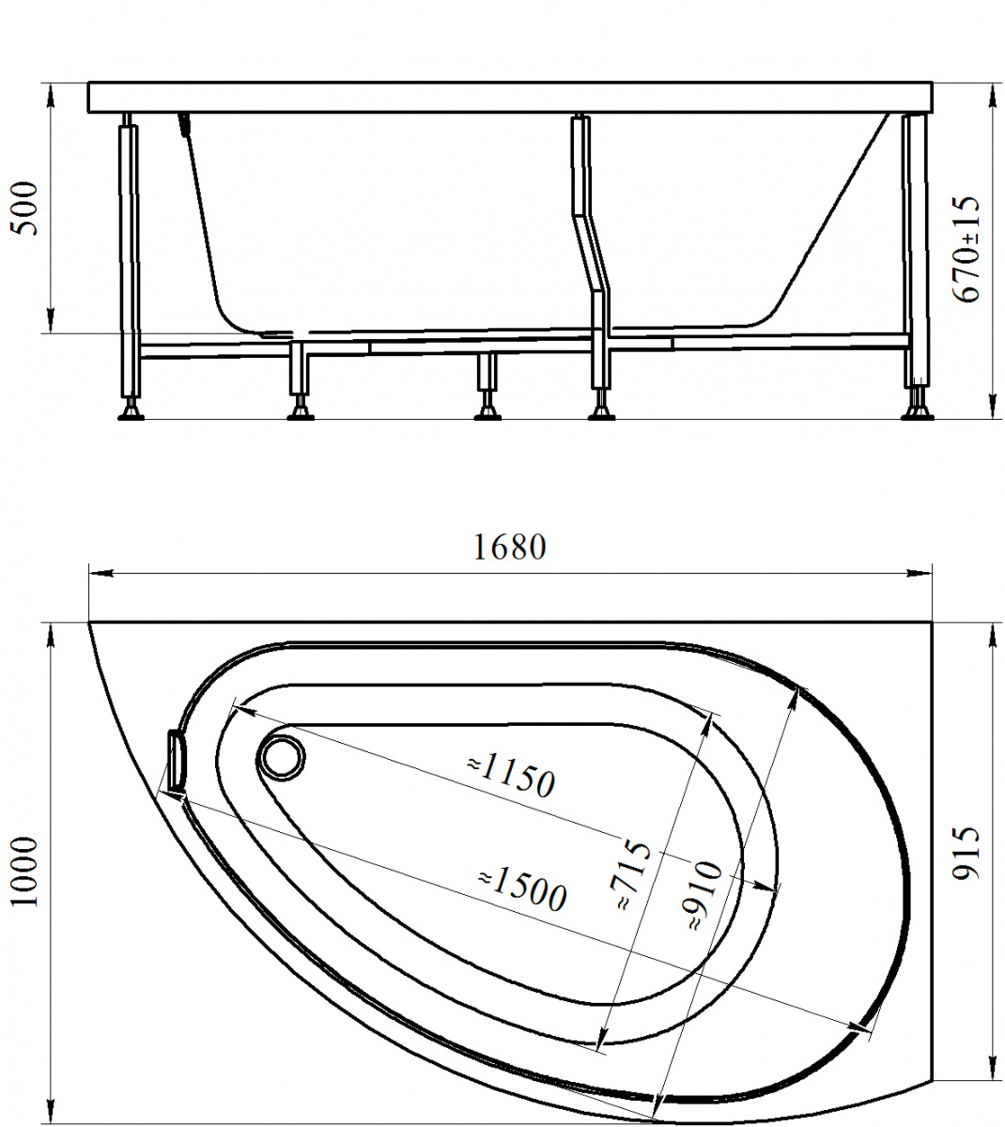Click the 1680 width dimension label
[x=509, y=548]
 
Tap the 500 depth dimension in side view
[x=26, y=208]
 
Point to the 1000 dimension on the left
[x=25, y=872]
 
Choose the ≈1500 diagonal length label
[x=522, y=890]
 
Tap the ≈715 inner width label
[x=633, y=874]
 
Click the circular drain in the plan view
[x=281, y=758]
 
